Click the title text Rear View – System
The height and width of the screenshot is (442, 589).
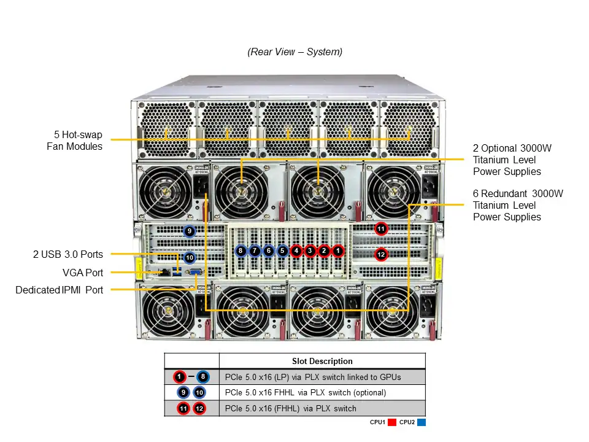[294, 52]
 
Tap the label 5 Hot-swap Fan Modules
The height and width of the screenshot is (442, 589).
[74, 140]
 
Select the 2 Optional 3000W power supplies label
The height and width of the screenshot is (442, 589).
[507, 160]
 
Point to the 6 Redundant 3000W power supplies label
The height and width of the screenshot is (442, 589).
[518, 205]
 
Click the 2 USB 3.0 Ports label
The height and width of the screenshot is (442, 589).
[67, 254]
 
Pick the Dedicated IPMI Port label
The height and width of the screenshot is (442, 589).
[60, 290]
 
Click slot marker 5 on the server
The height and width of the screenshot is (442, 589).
[282, 250]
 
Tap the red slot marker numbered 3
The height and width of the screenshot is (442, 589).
[310, 250]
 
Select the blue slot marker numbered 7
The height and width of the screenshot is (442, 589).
[254, 250]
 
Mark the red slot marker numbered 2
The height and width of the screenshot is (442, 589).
[325, 250]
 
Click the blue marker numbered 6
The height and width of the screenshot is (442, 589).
[268, 250]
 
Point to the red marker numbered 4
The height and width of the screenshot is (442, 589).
[296, 250]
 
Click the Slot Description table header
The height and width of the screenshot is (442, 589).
[321, 361]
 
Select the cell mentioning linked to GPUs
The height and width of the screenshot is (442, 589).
[321, 376]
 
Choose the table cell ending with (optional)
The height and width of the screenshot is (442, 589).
[321, 392]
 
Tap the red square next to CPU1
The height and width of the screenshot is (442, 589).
[392, 422]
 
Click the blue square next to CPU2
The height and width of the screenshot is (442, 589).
[422, 422]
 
